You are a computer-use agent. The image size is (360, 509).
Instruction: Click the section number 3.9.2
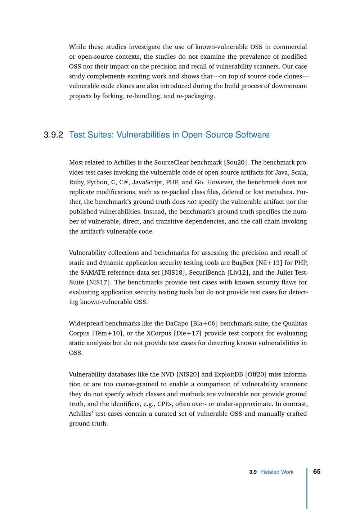click(x=53, y=135)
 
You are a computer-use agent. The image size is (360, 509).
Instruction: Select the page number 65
click(x=317, y=472)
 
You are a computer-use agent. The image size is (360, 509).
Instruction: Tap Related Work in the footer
click(x=277, y=472)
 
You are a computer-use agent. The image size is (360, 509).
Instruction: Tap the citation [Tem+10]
click(x=108, y=333)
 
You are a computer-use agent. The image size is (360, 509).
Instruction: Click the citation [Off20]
click(x=256, y=375)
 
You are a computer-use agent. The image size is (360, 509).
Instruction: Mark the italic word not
click(x=192, y=202)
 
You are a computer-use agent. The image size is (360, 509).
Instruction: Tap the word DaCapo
click(x=177, y=324)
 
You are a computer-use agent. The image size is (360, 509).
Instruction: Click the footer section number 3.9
click(x=253, y=472)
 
